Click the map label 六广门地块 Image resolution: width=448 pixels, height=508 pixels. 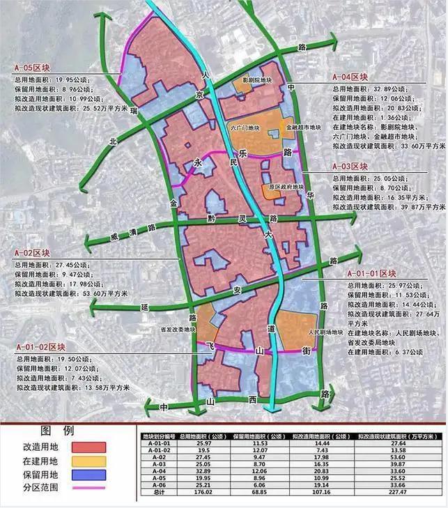245,128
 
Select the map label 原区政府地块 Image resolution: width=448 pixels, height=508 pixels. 287,187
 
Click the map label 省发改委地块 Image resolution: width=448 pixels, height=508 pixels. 178,330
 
